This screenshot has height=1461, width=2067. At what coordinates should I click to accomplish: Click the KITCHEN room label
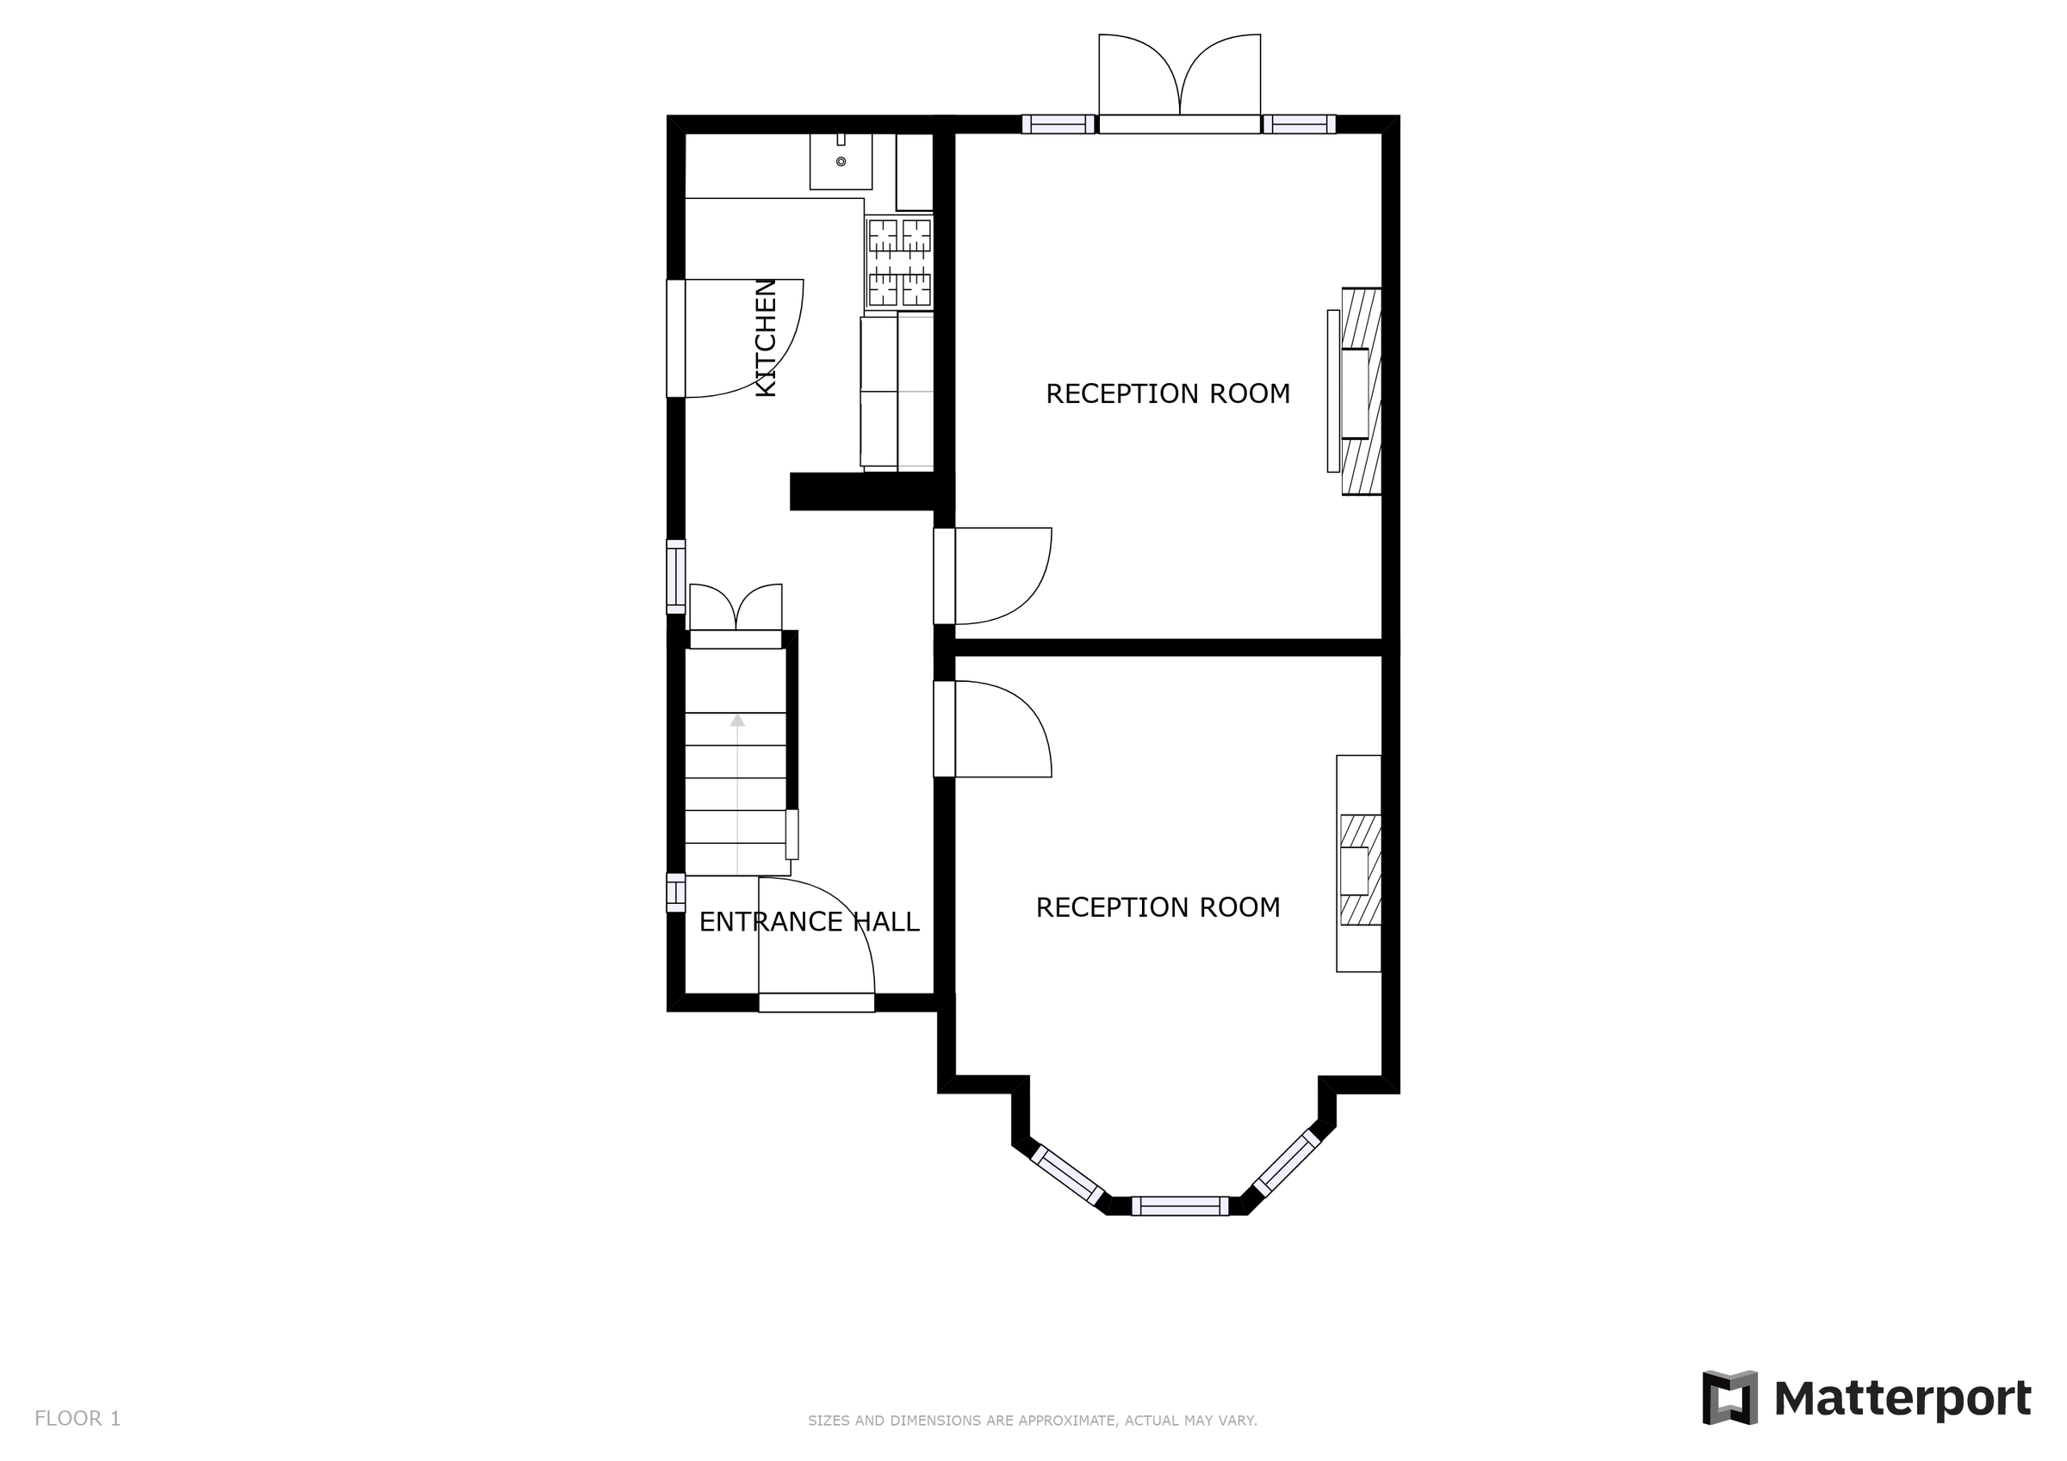[x=766, y=337]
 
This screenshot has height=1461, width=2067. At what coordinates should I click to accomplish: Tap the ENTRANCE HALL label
[x=809, y=922]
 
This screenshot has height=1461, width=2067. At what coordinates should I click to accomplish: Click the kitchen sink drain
[x=841, y=162]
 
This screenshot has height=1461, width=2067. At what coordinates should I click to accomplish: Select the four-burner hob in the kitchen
[x=898, y=262]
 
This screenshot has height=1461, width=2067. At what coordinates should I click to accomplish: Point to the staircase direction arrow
[x=737, y=720]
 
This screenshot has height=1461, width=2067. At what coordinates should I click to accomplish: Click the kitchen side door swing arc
[x=742, y=337]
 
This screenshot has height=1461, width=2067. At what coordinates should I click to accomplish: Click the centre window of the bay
[x=1179, y=1206]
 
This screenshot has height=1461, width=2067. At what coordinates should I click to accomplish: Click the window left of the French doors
[x=1058, y=124]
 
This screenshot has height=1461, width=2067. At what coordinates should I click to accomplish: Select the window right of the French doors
[x=1298, y=124]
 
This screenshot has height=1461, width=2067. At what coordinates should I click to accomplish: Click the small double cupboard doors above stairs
[x=736, y=608]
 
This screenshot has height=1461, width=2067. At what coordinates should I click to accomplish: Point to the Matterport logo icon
[x=1729, y=1398]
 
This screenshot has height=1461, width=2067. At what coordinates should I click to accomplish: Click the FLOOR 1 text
[x=78, y=1419]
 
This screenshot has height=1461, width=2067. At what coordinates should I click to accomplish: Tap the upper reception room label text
[x=1168, y=393]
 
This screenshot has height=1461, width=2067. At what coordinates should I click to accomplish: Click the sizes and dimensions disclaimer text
[x=1032, y=1421]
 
